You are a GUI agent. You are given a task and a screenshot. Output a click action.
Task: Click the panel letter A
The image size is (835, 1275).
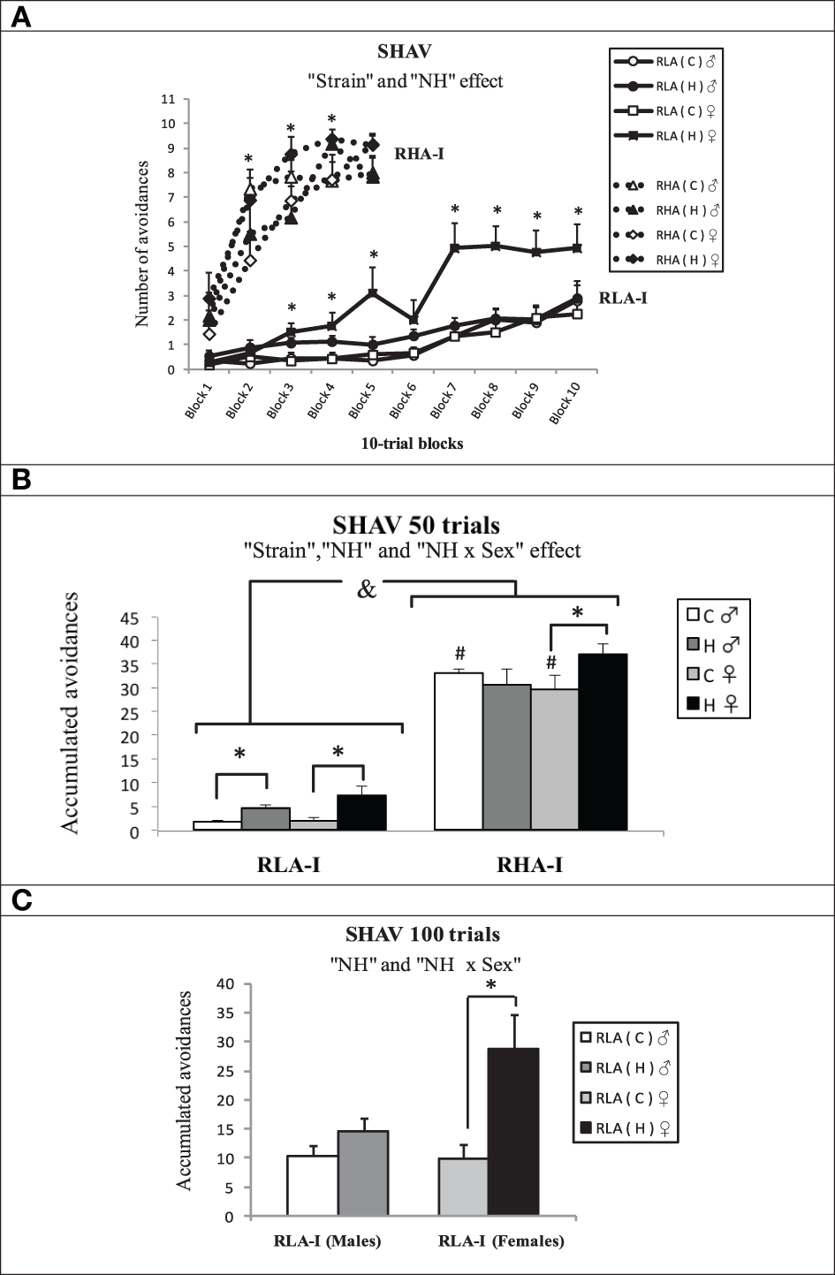pos(19,16)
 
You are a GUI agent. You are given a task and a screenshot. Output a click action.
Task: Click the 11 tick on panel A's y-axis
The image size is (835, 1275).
pos(167,99)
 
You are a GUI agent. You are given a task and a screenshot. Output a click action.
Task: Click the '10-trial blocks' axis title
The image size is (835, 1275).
pos(412,444)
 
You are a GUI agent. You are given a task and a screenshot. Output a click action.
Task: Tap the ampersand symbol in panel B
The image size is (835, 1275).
pos(366,588)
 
